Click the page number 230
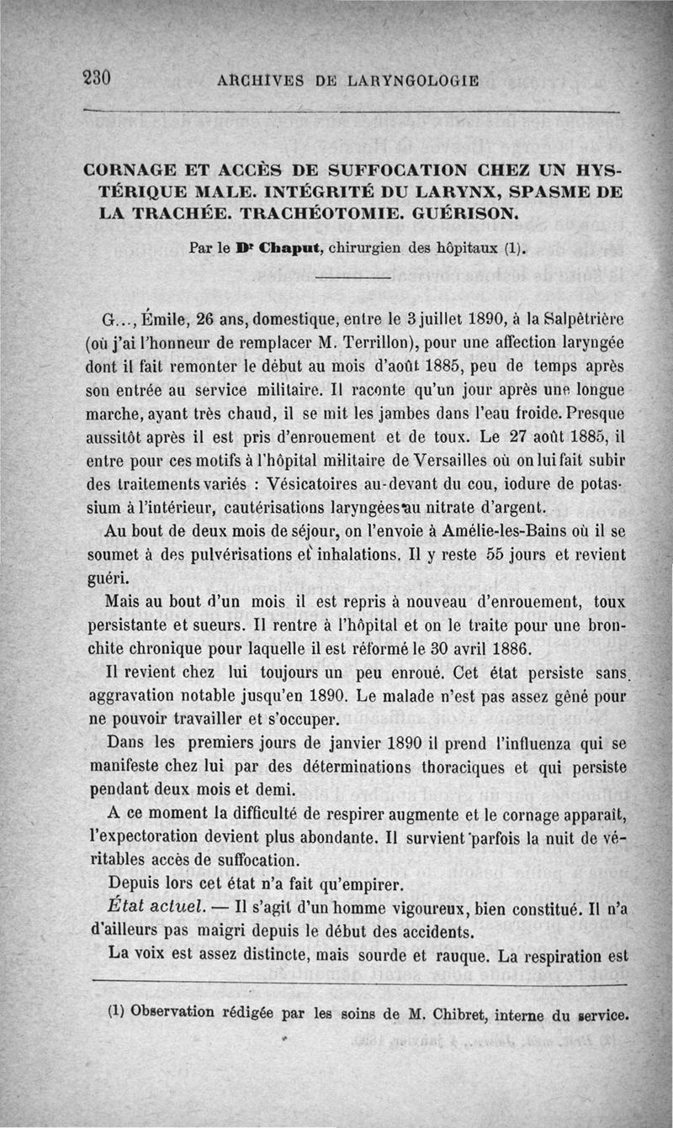(98, 78)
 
